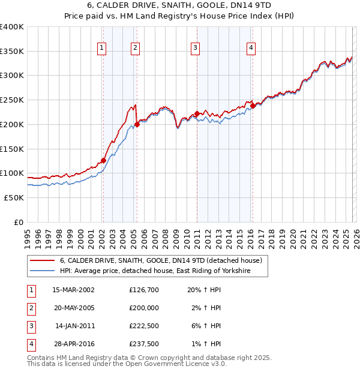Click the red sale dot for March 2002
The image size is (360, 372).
[x=103, y=160]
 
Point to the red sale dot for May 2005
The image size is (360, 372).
[x=137, y=124]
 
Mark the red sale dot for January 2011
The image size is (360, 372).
[x=197, y=113]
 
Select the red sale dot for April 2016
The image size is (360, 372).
[x=253, y=106]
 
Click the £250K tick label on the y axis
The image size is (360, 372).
[x=12, y=100]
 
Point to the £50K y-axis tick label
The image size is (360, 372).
[x=14, y=197]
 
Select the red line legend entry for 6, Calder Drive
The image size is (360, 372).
[x=161, y=261]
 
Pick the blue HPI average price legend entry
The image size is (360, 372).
[x=154, y=271]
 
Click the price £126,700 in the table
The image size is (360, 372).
[x=144, y=290]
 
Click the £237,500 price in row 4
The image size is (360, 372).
[x=144, y=344]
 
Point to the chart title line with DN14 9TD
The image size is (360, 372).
[x=180, y=7]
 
